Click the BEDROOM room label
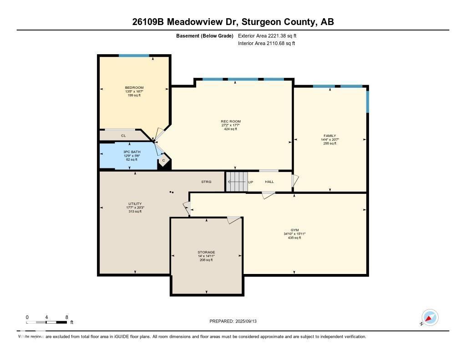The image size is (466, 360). click(134, 88)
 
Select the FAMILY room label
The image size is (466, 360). click(329, 136)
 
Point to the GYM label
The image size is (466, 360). click(294, 230)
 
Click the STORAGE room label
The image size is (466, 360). click(206, 252)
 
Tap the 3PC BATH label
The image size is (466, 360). click(132, 152)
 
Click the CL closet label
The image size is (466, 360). click(123, 136)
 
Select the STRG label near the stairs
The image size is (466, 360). click(206, 182)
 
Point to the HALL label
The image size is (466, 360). click(269, 182)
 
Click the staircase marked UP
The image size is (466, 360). click(237, 182)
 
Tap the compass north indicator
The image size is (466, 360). click(430, 318)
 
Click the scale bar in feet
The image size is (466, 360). click(47, 322)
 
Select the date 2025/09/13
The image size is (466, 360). click(249, 321)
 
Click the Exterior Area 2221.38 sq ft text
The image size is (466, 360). click(267, 35)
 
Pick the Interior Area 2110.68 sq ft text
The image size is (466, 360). click(266, 43)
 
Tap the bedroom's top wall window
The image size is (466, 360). click(134, 56)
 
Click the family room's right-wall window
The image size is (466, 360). click(367, 101)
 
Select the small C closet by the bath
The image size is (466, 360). click(163, 161)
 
